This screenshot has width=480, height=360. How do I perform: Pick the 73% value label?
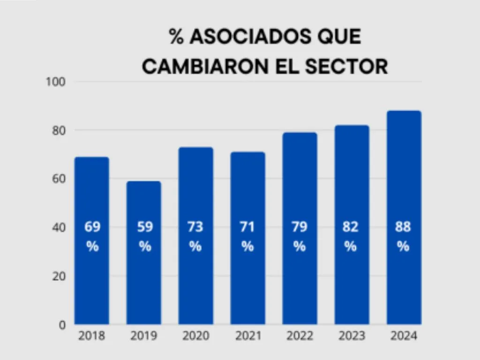[195, 236]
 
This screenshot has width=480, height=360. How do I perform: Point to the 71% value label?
[247, 236]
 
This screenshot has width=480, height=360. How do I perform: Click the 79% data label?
[300, 236]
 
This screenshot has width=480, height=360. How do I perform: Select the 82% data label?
[351, 236]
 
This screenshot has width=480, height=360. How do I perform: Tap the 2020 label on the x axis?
[195, 336]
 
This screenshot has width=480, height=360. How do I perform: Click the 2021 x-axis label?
[247, 336]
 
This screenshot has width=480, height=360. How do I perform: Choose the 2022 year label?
[300, 336]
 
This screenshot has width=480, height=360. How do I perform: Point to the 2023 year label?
[351, 336]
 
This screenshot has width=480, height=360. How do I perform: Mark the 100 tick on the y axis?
[55, 82]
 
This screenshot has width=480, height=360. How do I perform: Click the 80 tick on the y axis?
[58, 130]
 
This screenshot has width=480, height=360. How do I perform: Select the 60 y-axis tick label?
[58, 179]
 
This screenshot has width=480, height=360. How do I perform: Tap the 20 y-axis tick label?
[58, 276]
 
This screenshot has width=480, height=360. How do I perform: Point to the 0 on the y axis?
[62, 325]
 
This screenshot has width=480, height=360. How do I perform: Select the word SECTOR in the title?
[346, 67]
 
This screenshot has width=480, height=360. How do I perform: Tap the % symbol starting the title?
[176, 37]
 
